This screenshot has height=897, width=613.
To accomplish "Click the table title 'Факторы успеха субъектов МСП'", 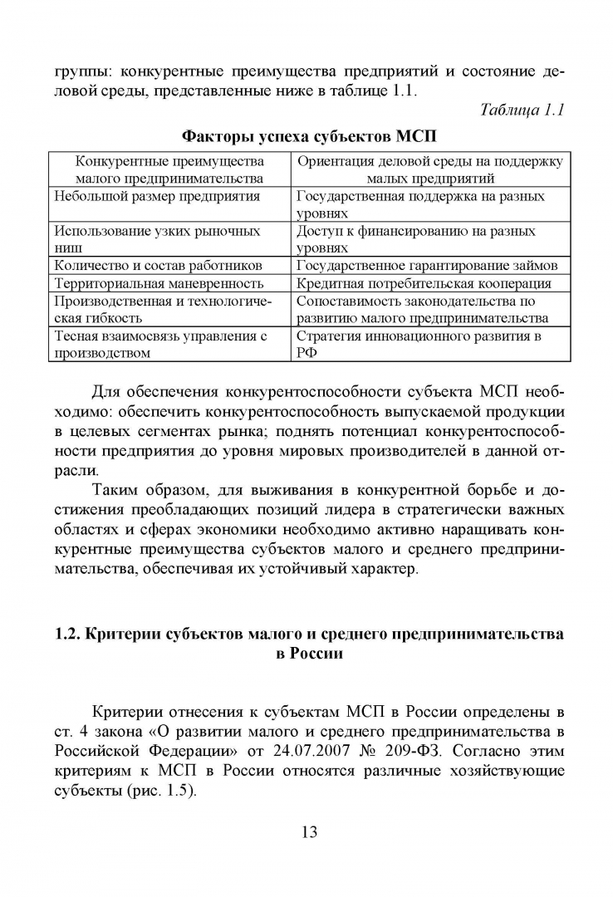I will coord(309,135).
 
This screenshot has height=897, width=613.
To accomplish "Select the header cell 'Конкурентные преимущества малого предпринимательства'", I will coord(169,169).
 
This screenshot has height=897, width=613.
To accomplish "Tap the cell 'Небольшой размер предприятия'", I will coord(157,196).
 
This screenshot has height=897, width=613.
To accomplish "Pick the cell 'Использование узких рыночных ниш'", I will coord(157,239).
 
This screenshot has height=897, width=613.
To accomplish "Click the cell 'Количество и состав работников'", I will coord(158,265).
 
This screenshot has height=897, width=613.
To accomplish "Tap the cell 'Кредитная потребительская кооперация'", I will coord(423,283).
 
